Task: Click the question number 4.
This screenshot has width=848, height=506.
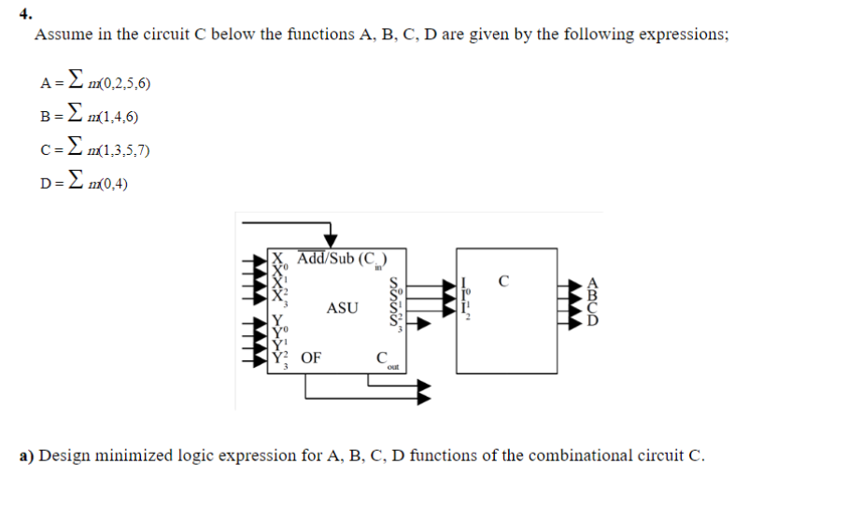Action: [25, 14]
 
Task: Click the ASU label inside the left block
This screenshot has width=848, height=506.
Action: [341, 307]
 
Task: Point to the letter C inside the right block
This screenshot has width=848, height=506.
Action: [503, 279]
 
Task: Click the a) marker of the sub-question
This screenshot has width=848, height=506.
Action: [28, 457]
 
